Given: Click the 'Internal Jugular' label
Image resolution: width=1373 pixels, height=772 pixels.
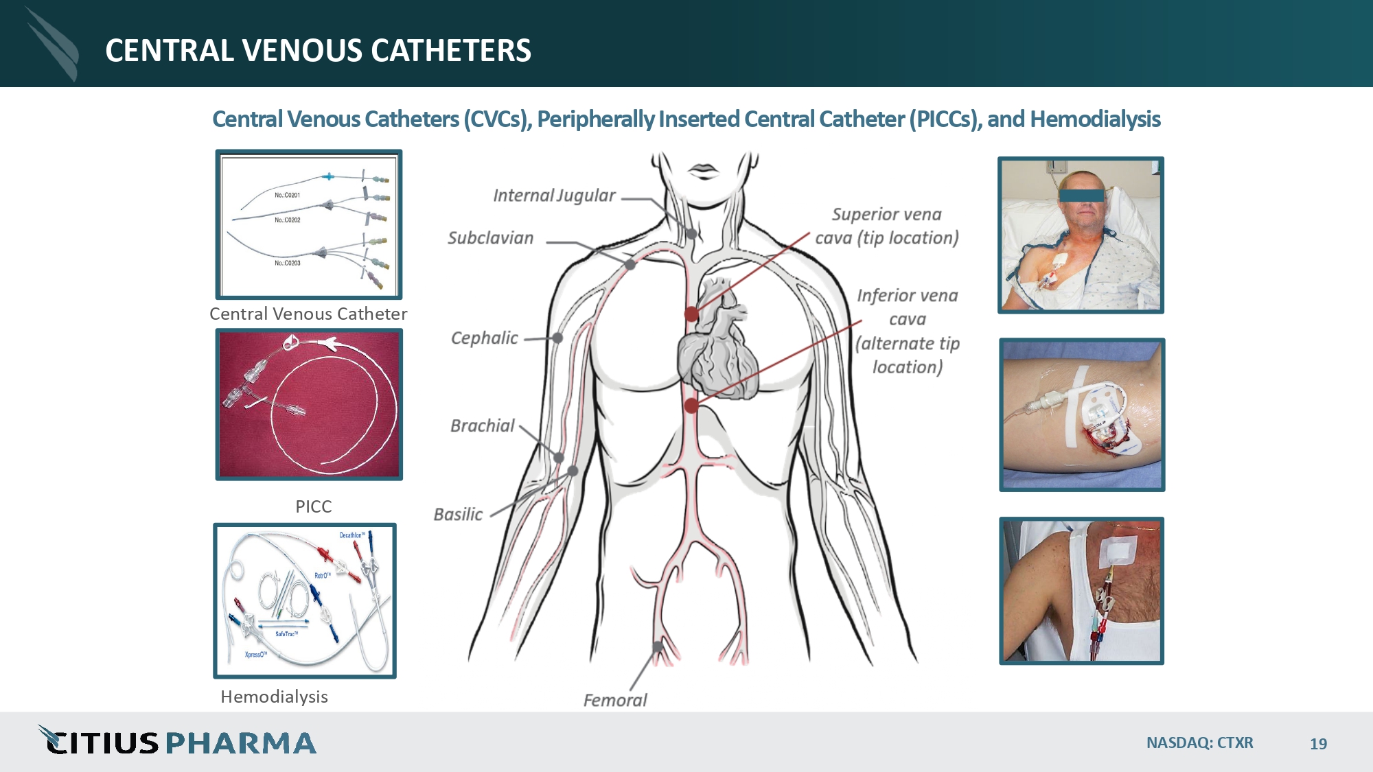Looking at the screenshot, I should tap(554, 196).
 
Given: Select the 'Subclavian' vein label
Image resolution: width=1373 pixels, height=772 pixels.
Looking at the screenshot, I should tap(490, 238).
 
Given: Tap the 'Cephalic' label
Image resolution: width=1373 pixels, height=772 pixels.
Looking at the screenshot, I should tap(484, 338).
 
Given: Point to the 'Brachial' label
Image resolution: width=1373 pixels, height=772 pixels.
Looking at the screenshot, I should tap(482, 426).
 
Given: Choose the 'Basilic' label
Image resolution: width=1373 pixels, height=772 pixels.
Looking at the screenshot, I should tap(458, 515).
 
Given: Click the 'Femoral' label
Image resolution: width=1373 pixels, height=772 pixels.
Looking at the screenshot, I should tap(614, 700).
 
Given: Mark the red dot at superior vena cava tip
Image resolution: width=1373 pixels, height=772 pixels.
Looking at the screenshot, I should tap(691, 314).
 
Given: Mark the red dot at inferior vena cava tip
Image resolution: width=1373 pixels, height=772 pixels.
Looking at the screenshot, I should tap(691, 406).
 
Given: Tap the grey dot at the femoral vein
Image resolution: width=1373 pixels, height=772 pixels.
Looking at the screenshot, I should tap(658, 646).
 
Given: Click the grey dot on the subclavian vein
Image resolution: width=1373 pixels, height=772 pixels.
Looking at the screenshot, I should tap(630, 264).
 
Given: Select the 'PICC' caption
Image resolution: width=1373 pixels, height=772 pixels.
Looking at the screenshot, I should tap(313, 506).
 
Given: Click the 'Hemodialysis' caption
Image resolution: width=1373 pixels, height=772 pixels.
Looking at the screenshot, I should tap(274, 697).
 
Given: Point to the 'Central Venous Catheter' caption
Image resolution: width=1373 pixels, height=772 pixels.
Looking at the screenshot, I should tap(308, 314).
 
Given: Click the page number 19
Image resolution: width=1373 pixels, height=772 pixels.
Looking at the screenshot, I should tap(1318, 744).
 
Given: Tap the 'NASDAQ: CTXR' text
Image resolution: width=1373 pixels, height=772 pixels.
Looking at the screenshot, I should tap(1199, 742).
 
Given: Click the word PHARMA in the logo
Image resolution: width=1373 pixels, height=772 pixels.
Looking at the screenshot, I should tap(240, 743).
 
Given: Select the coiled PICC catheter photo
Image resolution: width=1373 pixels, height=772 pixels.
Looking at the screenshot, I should tap(309, 404).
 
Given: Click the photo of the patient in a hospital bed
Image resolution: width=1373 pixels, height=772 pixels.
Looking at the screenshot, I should tap(1081, 235).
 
